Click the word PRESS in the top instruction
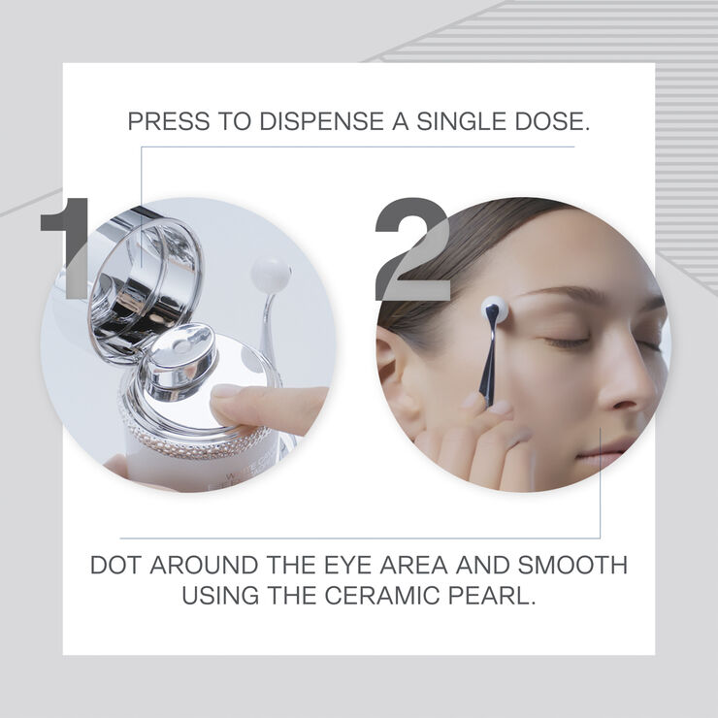(169, 121)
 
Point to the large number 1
(69, 248)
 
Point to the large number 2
(413, 249)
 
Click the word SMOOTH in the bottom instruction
(572, 565)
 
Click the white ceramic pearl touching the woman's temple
(494, 310)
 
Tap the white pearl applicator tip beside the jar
(271, 275)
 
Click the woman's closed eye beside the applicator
(567, 342)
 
